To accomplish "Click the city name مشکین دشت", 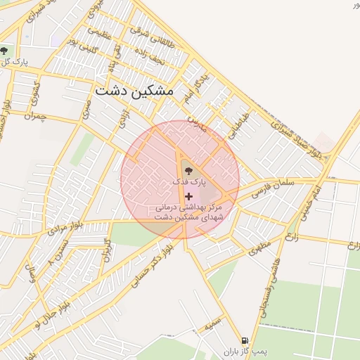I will (x=133, y=91).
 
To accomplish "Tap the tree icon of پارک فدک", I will (x=187, y=170).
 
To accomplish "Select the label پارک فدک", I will (x=191, y=182).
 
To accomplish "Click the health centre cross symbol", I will (x=188, y=195).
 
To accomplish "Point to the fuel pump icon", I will (x=244, y=340).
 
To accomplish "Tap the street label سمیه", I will (x=213, y=327).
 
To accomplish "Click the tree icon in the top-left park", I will (x=6, y=51).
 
